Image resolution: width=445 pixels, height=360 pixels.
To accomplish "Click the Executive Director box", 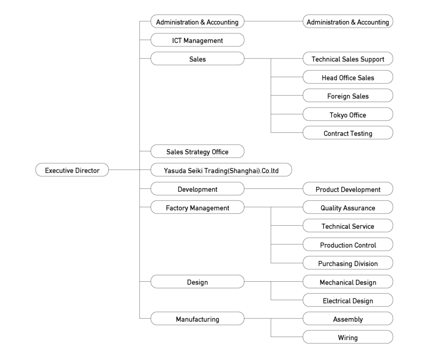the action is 72,170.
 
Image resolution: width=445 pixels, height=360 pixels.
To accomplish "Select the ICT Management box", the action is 197,40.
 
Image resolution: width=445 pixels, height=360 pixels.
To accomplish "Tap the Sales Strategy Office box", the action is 197,151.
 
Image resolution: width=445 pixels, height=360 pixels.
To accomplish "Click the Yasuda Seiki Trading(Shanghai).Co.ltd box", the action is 221,170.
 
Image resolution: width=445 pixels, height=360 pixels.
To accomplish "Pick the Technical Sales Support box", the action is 348,59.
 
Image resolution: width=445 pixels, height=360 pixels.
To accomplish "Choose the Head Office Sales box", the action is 348,77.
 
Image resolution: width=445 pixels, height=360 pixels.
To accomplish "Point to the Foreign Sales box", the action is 348,96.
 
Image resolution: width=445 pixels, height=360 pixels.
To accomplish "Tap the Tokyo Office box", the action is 348,114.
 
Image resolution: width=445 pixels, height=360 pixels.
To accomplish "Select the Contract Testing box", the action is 348,133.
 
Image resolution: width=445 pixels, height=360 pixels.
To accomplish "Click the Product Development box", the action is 348,188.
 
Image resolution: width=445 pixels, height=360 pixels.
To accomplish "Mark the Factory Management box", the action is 197,207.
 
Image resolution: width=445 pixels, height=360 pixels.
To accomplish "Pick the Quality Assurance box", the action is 348,207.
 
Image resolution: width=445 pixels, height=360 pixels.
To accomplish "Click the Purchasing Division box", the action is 348,263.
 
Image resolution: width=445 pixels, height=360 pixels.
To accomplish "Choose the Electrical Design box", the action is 348,300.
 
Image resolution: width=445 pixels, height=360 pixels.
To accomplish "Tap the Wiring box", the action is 348,337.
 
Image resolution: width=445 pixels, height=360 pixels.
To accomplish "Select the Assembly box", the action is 348,319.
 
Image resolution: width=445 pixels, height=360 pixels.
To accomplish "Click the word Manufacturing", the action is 198,319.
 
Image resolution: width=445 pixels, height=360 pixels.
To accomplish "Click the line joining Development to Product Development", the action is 273,188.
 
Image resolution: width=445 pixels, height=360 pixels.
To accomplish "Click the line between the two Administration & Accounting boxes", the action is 273,21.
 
